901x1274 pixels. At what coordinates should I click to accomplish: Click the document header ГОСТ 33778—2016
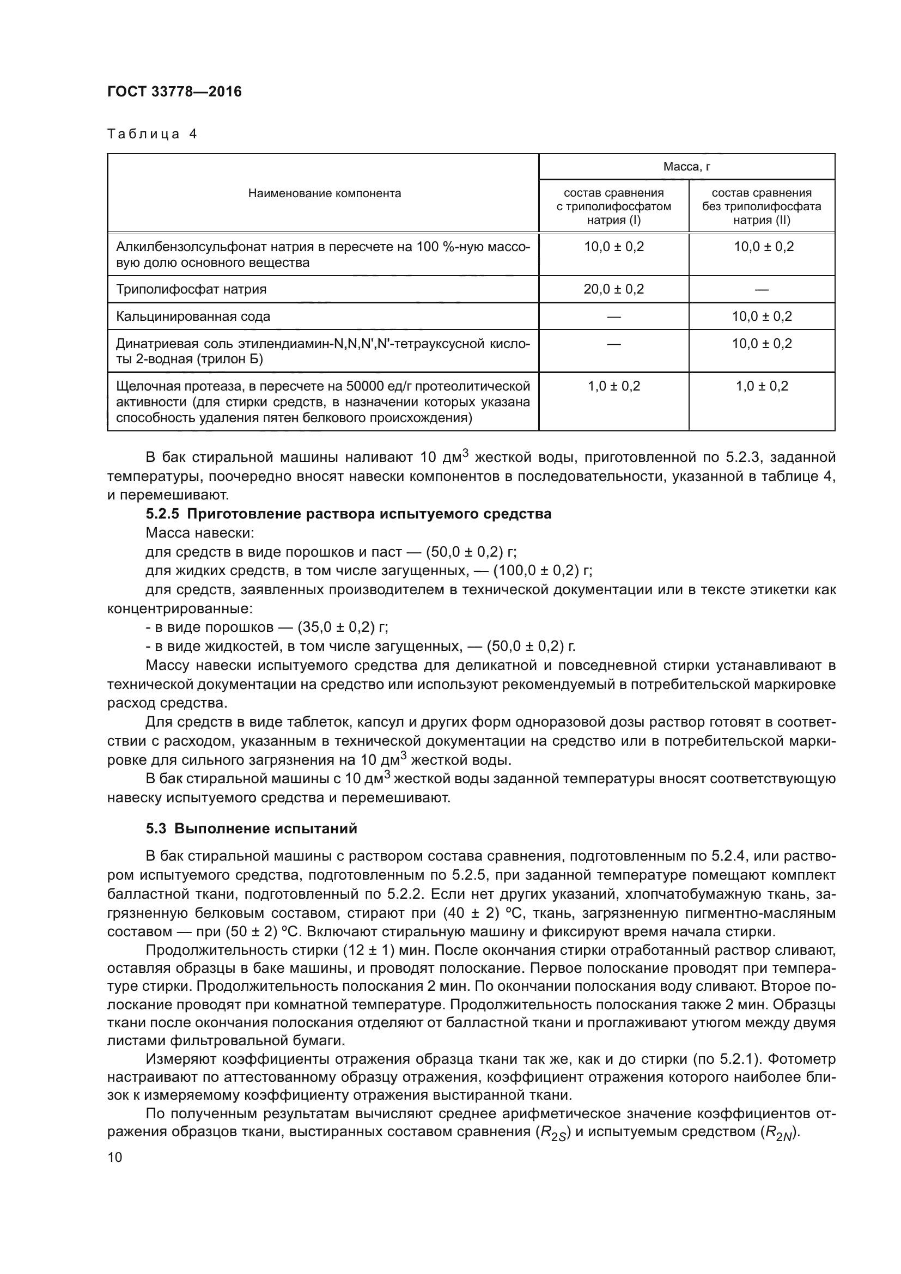(174, 92)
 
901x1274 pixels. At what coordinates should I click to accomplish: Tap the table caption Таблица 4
(152, 134)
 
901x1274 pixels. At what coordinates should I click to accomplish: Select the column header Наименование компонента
(324, 193)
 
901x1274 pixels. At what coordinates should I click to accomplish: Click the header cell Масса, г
(686, 167)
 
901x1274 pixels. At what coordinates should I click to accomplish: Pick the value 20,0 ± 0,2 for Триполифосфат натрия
(613, 289)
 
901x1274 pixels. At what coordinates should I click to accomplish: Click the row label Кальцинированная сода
(193, 316)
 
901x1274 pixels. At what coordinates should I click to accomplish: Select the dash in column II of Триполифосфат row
(762, 290)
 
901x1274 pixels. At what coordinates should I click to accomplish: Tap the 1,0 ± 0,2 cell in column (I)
(613, 386)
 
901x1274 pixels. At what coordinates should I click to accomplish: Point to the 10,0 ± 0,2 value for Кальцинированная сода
(762, 316)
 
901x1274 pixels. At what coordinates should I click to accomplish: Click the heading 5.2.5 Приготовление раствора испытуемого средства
(349, 514)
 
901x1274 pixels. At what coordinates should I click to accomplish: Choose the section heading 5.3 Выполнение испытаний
(251, 828)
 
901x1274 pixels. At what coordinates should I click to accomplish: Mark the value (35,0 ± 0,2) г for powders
(342, 627)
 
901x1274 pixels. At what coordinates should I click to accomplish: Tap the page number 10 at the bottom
(115, 1157)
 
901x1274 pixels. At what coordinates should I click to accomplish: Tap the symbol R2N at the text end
(779, 1133)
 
